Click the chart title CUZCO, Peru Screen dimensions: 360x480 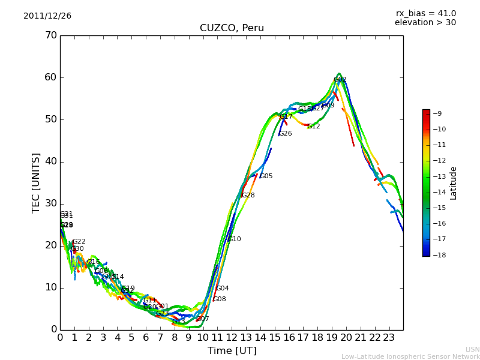pyautogui.click(x=232, y=28)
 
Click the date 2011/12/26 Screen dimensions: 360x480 pyautogui.click(x=47, y=16)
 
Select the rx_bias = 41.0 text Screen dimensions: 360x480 pyautogui.click(x=425, y=13)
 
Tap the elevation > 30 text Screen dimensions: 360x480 pyautogui.click(x=425, y=23)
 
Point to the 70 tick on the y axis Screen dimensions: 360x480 pyautogui.click(x=51, y=35)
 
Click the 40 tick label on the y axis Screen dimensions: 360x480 pyautogui.click(x=51, y=161)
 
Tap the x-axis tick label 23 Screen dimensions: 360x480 pyautogui.click(x=389, y=337)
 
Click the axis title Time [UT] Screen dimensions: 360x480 pyautogui.click(x=232, y=350)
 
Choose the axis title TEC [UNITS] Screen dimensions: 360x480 pyautogui.click(x=36, y=182)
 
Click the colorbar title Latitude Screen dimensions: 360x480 pyautogui.click(x=453, y=182)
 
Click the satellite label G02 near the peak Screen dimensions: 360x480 pyautogui.click(x=340, y=79)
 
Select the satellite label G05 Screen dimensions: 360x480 pyautogui.click(x=266, y=176)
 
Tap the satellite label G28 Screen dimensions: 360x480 pyautogui.click(x=248, y=196)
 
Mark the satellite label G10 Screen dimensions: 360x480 pyautogui.click(x=234, y=239)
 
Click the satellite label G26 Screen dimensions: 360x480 pyautogui.click(x=285, y=134)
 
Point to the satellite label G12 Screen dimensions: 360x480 pyautogui.click(x=313, y=127)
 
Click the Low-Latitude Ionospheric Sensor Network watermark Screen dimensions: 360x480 pyautogui.click(x=410, y=356)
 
